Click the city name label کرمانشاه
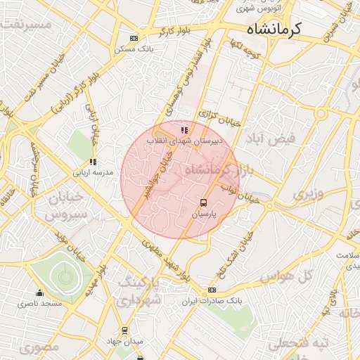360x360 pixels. [274, 29]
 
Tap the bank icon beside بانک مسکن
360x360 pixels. [134, 39]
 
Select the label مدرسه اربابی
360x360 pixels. [88, 172]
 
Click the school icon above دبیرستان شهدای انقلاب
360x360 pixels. [184, 130]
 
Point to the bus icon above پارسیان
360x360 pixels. [204, 202]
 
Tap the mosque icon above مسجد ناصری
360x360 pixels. [39, 293]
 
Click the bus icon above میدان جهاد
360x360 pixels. [125, 330]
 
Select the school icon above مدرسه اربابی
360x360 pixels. [94, 162]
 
